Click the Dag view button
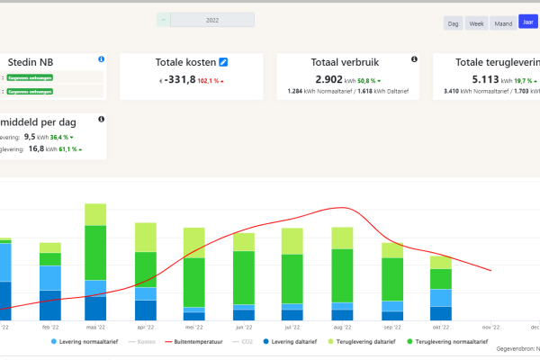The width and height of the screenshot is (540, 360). (454, 23)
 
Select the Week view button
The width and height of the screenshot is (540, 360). (476, 23)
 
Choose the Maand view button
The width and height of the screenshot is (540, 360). (502, 23)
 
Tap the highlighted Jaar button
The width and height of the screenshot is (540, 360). (527, 22)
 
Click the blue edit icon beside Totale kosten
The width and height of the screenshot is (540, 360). (224, 61)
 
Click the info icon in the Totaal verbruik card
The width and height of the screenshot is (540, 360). (414, 59)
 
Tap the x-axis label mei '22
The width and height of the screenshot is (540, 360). (193, 328)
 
